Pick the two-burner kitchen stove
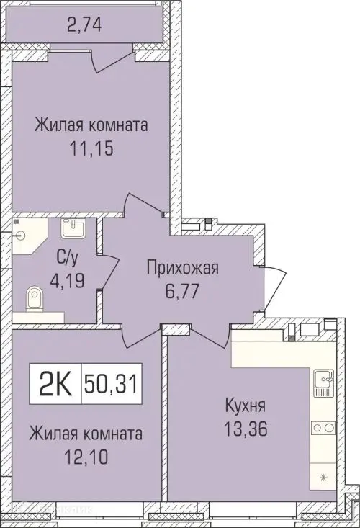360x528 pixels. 321,428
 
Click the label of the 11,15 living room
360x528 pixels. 91,126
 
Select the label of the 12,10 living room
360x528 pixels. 86,434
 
